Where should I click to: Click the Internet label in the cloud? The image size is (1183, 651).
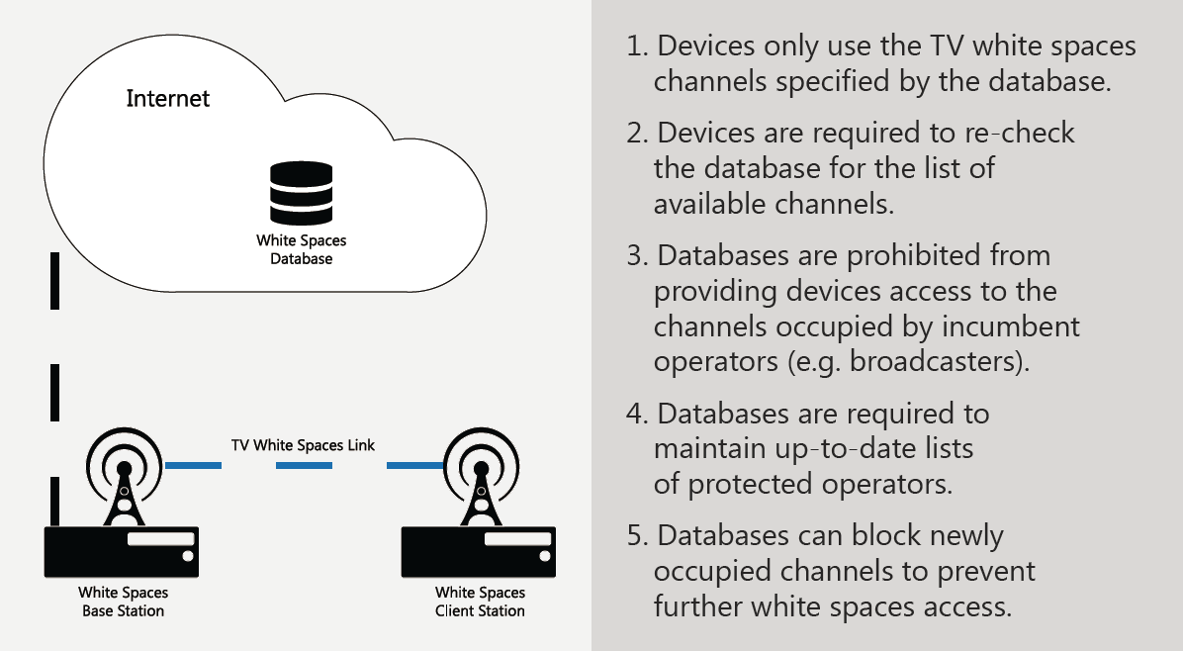tap(168, 99)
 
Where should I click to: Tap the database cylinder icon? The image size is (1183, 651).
tap(301, 194)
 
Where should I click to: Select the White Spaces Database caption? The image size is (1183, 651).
tap(301, 249)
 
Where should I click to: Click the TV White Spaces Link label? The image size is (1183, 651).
tap(304, 445)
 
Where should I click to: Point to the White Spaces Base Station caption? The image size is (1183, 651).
tap(123, 602)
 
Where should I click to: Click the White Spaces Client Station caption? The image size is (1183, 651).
tap(480, 602)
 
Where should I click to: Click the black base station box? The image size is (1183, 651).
tap(123, 551)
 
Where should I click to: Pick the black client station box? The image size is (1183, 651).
tap(479, 551)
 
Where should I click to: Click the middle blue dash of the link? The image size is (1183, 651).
tap(304, 464)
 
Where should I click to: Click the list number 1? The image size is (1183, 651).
tap(636, 46)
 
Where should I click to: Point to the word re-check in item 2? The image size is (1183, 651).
tap(1026, 134)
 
